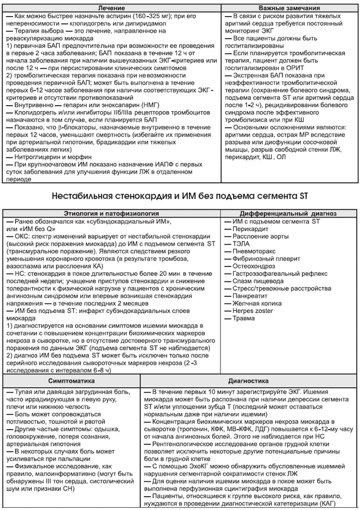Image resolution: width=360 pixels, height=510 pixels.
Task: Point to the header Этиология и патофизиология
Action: tap(114, 214)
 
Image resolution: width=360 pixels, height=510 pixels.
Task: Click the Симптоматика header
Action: tap(71, 382)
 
